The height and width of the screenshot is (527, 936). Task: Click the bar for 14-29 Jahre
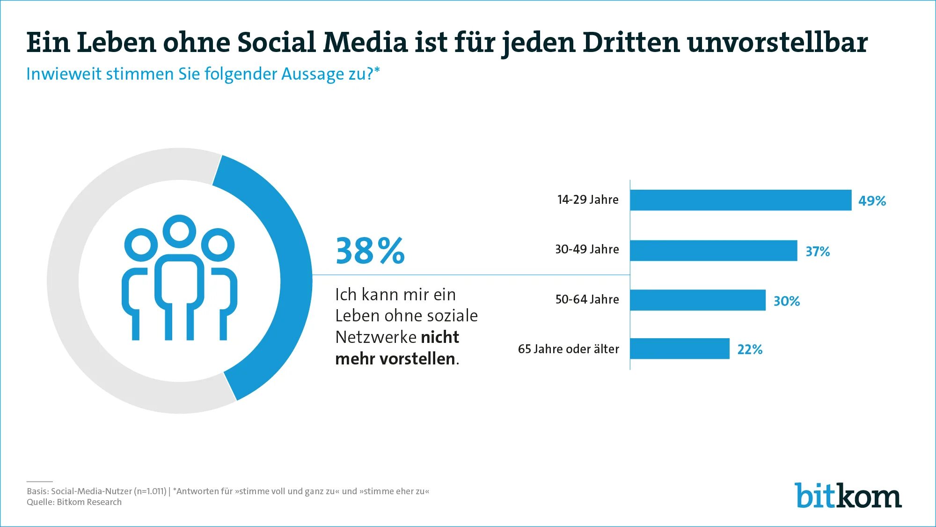(x=741, y=200)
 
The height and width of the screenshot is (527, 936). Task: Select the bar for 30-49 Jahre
(x=714, y=251)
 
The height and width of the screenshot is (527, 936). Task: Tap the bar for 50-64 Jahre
(x=698, y=300)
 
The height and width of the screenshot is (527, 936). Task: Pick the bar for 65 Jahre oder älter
(x=680, y=349)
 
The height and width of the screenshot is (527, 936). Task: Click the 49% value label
(x=872, y=201)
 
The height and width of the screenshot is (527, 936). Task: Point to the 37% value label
(x=818, y=252)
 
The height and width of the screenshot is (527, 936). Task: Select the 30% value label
(x=787, y=301)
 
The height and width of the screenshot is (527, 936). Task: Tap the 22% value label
(x=750, y=349)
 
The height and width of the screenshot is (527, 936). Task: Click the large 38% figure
(x=370, y=251)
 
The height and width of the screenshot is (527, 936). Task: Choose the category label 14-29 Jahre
(x=588, y=200)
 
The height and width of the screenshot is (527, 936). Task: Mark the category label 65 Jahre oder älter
(x=569, y=349)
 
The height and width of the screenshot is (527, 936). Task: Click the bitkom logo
(x=848, y=496)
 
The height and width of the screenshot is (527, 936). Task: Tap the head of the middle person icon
(x=179, y=231)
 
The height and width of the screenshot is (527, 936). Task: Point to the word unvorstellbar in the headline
(x=777, y=42)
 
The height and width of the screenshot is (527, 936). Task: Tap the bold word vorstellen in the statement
(x=417, y=359)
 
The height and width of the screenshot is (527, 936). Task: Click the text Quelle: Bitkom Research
(x=74, y=502)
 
